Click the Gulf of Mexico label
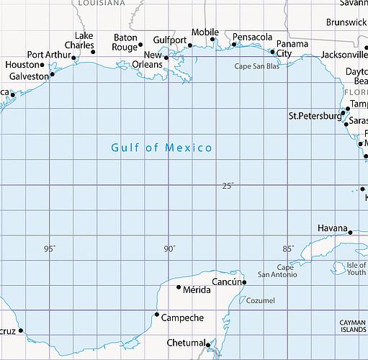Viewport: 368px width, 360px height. pos(161,148)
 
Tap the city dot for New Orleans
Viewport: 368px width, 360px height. pos(166,58)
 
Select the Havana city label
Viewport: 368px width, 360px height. pos(333,228)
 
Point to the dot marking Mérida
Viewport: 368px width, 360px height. pos(179,287)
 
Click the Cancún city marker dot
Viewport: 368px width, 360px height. pos(244,282)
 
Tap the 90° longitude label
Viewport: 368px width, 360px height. pos(169,249)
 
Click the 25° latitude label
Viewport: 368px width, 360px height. pos(228,186)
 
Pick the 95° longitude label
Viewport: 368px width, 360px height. pos(49,249)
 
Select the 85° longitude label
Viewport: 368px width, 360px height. pos(287,249)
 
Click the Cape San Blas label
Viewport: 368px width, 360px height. pos(257,66)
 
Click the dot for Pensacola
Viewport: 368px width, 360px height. pos(234,45)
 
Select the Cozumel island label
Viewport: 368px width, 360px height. pos(261,300)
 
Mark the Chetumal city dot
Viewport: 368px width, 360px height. pos(207,344)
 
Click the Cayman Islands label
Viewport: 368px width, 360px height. pos(354,326)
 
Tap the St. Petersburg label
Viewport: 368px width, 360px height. pos(314,116)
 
